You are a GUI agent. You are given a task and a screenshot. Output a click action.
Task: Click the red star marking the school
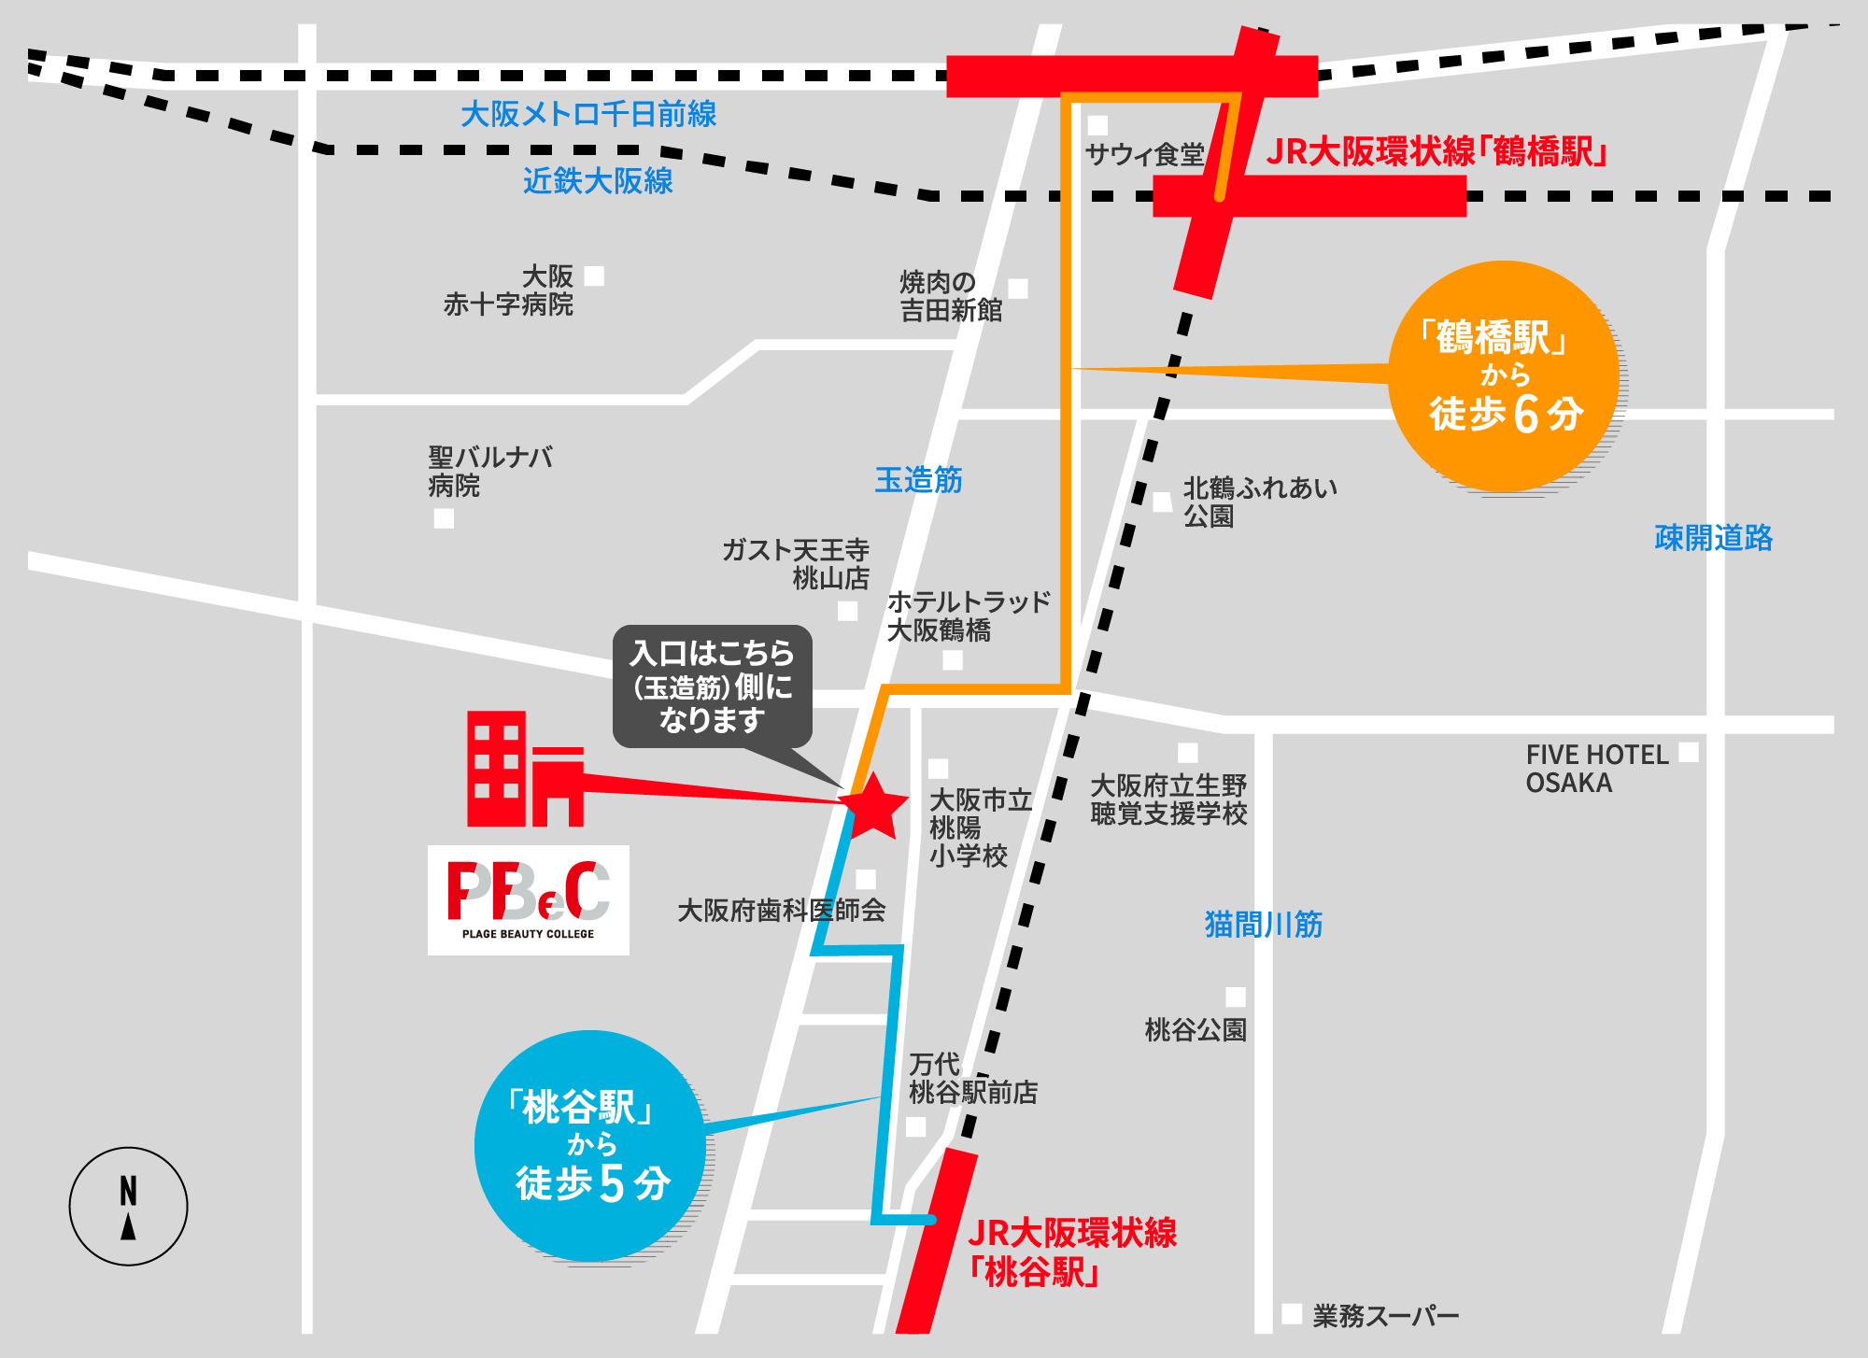873,805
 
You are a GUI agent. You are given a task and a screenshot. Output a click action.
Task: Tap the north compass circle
128,1206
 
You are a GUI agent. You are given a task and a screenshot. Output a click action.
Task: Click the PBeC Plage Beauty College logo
529,899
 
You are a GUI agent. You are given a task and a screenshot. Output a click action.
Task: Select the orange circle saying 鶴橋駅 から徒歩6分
1504,376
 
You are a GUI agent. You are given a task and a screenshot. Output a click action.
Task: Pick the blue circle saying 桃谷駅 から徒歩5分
590,1146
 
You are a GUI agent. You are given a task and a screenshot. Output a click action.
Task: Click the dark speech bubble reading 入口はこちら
713,686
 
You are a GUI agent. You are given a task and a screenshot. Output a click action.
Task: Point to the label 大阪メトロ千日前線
588,114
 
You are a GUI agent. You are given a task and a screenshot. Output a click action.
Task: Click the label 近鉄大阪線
598,180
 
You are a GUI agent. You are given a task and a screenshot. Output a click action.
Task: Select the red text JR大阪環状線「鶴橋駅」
1436,151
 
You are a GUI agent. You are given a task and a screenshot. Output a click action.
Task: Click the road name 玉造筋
918,480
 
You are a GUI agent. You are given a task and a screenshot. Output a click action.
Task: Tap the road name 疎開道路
1713,538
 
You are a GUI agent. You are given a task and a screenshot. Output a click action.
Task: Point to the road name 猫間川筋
1264,925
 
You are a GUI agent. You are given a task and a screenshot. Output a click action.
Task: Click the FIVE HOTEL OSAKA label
1597,769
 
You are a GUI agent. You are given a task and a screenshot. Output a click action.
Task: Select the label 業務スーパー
1386,1316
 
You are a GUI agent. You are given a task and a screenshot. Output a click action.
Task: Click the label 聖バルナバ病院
490,472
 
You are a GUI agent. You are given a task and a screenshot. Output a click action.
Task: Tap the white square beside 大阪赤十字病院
594,276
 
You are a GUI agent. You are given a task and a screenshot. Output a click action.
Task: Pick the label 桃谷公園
1196,1030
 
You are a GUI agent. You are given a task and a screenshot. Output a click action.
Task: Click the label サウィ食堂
1145,154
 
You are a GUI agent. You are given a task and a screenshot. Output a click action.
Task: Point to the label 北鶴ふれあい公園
1260,502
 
